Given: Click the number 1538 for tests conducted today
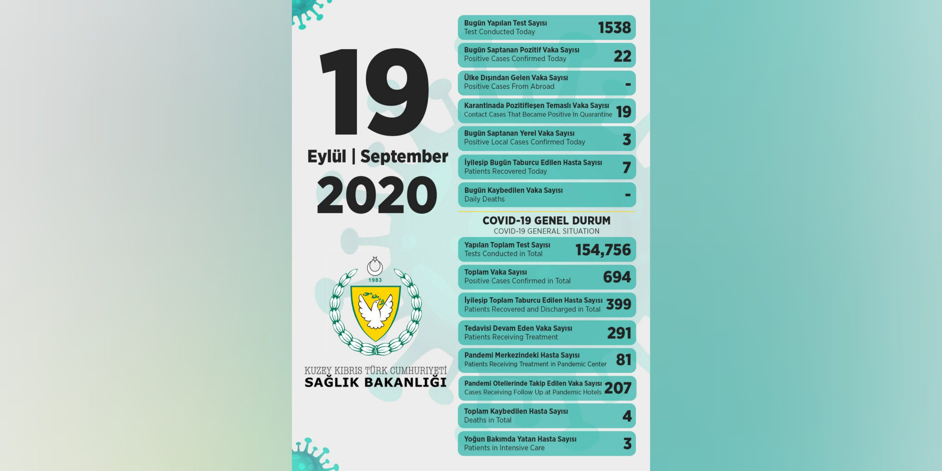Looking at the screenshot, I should [x=614, y=28].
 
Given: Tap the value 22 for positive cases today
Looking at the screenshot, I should [x=622, y=56].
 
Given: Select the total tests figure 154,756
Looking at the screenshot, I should [x=603, y=250].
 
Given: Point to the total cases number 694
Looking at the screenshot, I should [x=617, y=277].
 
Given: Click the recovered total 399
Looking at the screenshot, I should [x=619, y=304].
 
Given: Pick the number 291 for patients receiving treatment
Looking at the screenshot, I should [x=619, y=333].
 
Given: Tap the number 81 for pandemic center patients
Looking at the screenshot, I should [x=623, y=360].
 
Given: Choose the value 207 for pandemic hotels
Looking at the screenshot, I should [x=618, y=388].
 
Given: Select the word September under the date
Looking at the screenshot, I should [x=404, y=156].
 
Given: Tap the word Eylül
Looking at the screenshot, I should [x=327, y=156].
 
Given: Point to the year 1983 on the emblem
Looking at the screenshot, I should [x=375, y=280].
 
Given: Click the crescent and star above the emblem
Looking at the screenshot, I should [x=375, y=266].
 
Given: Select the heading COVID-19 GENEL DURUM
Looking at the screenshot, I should [x=546, y=220].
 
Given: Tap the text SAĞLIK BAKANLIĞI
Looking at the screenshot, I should [x=375, y=382].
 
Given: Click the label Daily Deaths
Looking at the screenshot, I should [x=484, y=199].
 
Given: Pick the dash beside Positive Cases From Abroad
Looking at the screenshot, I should [x=628, y=84].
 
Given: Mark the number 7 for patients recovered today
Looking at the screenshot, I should [x=627, y=168].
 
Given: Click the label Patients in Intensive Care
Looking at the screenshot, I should [x=504, y=448].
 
